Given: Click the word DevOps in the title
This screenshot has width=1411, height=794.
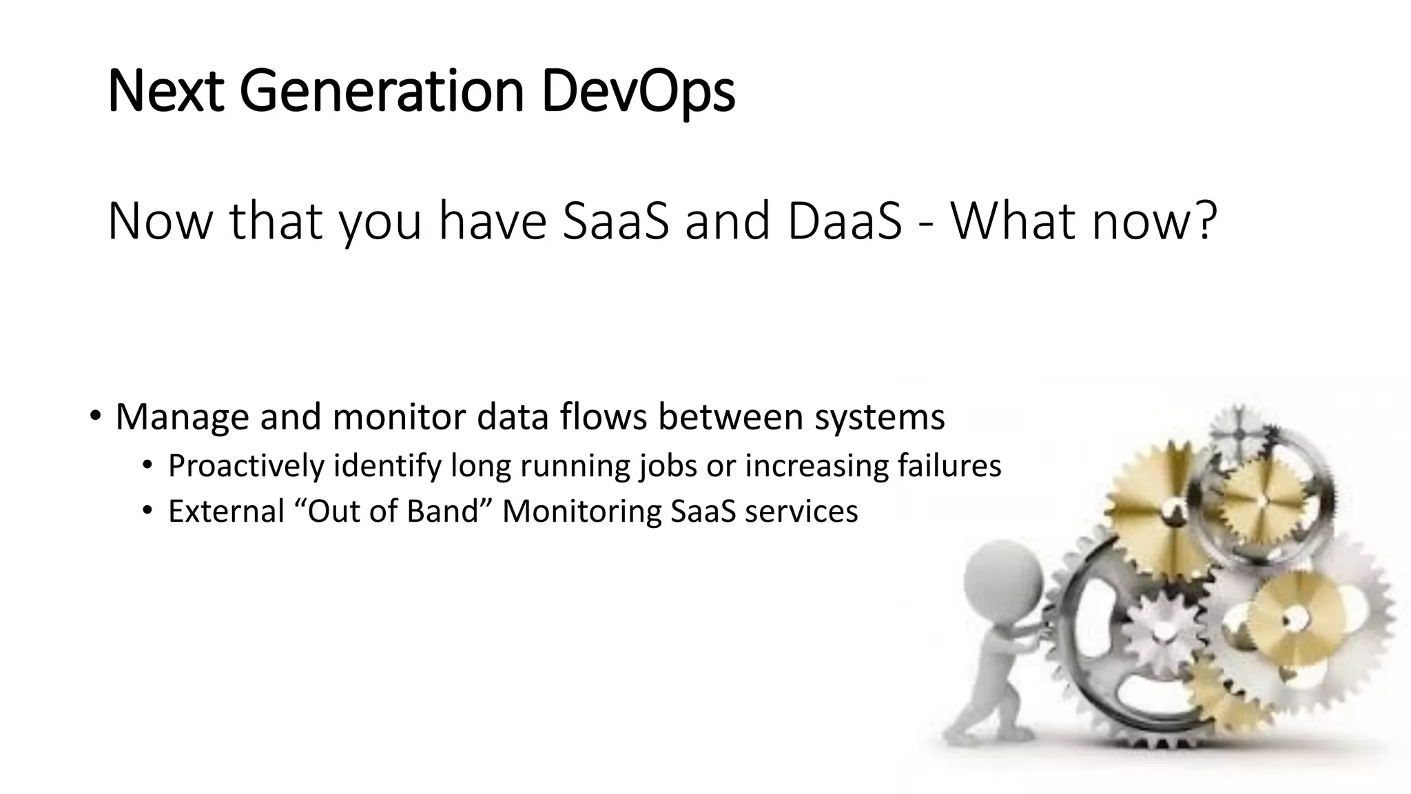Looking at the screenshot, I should click(638, 92).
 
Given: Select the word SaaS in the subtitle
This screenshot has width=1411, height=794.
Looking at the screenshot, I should click(615, 221).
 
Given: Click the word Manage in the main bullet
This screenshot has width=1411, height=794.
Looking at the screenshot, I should click(182, 417).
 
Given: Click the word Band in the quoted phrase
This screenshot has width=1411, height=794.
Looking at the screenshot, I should click(442, 511).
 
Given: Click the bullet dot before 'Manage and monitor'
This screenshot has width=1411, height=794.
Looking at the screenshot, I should click(96, 416).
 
